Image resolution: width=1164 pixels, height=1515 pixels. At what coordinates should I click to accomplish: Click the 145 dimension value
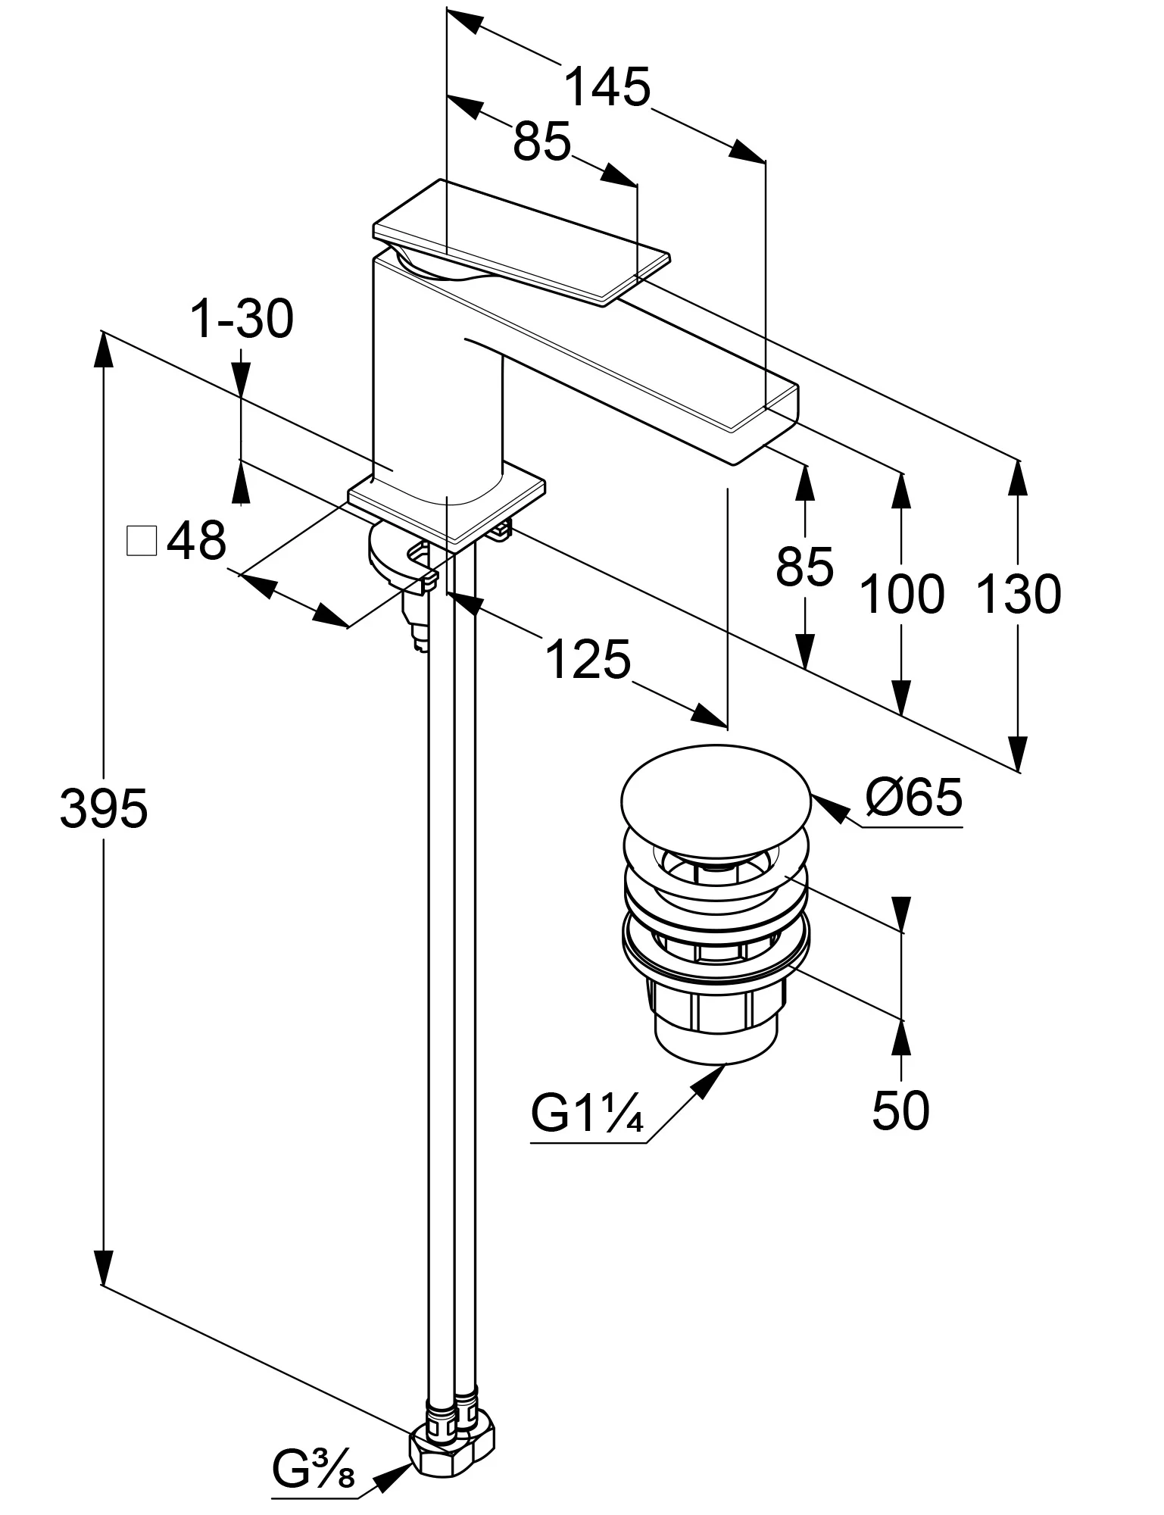point(607,88)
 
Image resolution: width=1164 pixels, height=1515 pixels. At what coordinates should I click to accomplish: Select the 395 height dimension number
point(103,808)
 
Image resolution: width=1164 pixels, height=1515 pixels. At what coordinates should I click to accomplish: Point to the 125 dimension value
point(587,660)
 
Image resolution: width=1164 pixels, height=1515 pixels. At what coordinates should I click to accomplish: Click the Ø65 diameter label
point(914,798)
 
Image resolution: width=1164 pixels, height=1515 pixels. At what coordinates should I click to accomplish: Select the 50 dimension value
point(900,1111)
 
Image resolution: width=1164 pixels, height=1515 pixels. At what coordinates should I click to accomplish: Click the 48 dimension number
point(196,541)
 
